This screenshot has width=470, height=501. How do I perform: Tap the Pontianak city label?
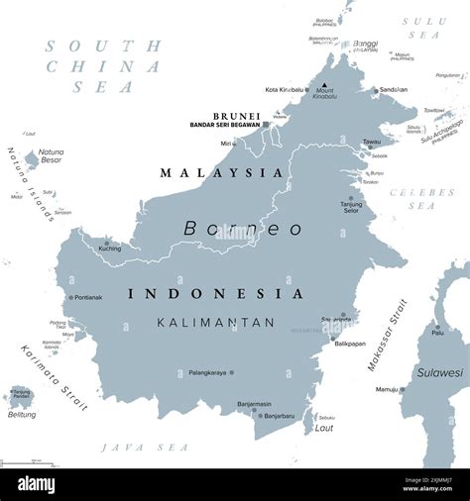pyautogui.click(x=88, y=297)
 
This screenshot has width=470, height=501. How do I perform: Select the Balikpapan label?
pyautogui.click(x=349, y=344)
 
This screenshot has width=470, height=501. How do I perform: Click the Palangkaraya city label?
pyautogui.click(x=206, y=373)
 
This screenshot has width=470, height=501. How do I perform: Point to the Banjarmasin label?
pyautogui.click(x=254, y=404)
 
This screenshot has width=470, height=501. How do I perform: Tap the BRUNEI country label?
pyautogui.click(x=236, y=116)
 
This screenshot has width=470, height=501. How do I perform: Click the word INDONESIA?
pyautogui.click(x=215, y=294)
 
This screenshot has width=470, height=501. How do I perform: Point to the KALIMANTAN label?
pyautogui.click(x=215, y=322)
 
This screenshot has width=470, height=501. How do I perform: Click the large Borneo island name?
pyautogui.click(x=243, y=228)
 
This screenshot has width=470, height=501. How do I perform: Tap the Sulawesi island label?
pyautogui.click(x=439, y=373)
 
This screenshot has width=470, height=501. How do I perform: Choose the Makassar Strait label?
pyautogui.click(x=387, y=335)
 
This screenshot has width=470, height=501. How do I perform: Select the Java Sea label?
pyautogui.click(x=132, y=448)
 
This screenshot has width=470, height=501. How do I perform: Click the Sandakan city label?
pyautogui.click(x=393, y=89)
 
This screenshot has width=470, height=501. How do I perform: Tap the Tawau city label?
pyautogui.click(x=372, y=142)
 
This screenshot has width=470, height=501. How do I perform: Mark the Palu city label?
pyautogui.click(x=437, y=333)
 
